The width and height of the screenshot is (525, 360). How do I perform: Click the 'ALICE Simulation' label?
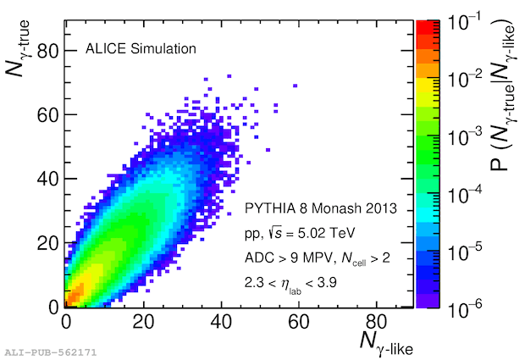[141, 48]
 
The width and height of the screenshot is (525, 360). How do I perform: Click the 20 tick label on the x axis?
[144, 321]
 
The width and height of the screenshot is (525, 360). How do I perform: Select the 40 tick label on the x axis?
[222, 321]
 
